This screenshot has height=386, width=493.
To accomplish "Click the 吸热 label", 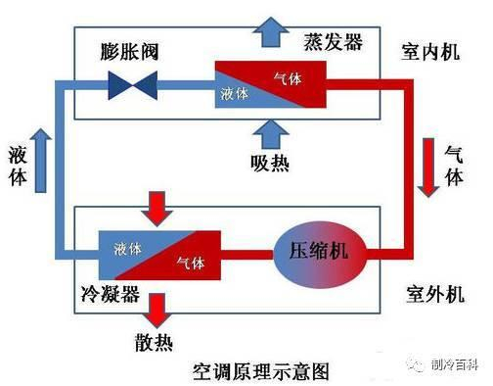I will [269, 162].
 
